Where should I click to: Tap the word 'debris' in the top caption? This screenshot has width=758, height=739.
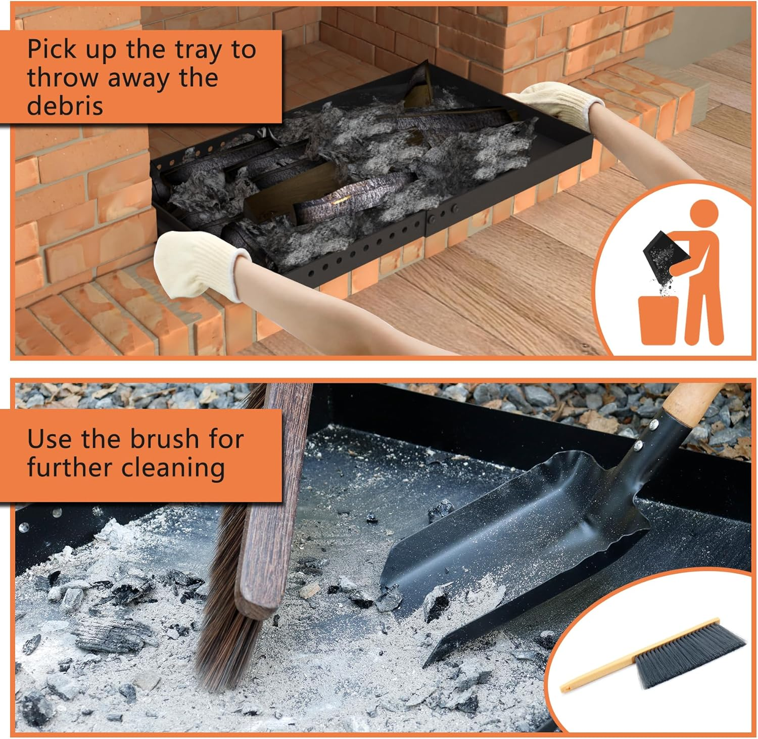tap(65, 106)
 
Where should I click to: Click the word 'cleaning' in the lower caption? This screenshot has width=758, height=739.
tap(174, 468)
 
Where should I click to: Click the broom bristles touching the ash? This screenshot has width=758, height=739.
tap(227, 647)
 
